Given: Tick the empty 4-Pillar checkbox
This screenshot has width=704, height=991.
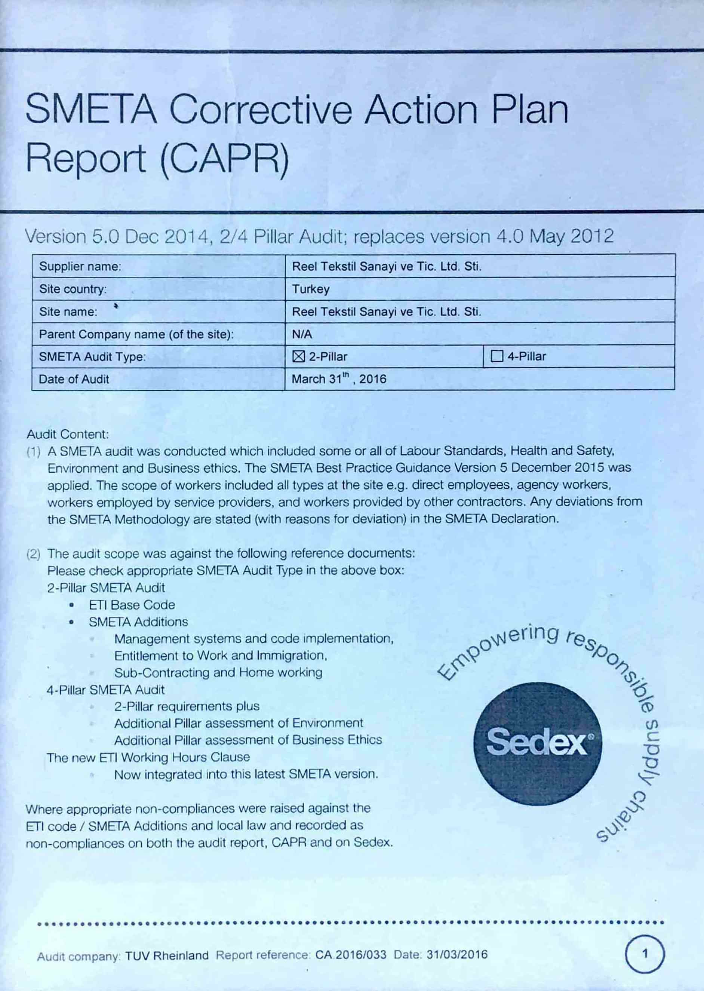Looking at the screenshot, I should [497, 356].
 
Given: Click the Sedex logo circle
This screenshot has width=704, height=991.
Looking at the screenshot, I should [538, 743].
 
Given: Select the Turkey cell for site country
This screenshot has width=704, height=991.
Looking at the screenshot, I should [311, 289].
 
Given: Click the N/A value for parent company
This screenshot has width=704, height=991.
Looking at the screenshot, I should [302, 334].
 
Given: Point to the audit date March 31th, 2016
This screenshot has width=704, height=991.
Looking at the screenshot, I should [339, 379].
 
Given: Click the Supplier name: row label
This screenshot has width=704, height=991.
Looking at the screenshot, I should [80, 266].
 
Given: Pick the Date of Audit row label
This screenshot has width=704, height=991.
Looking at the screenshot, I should [74, 379].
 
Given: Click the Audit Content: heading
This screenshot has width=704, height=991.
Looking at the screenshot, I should [68, 434].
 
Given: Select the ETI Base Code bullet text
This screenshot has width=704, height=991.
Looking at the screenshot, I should [132, 605].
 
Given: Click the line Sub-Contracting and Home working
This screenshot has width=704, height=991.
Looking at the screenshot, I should [218, 672].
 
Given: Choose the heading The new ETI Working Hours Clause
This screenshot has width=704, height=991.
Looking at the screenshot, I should [148, 757].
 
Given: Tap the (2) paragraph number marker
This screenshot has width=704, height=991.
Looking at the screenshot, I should [33, 553].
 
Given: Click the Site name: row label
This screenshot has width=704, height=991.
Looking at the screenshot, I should [68, 312].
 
